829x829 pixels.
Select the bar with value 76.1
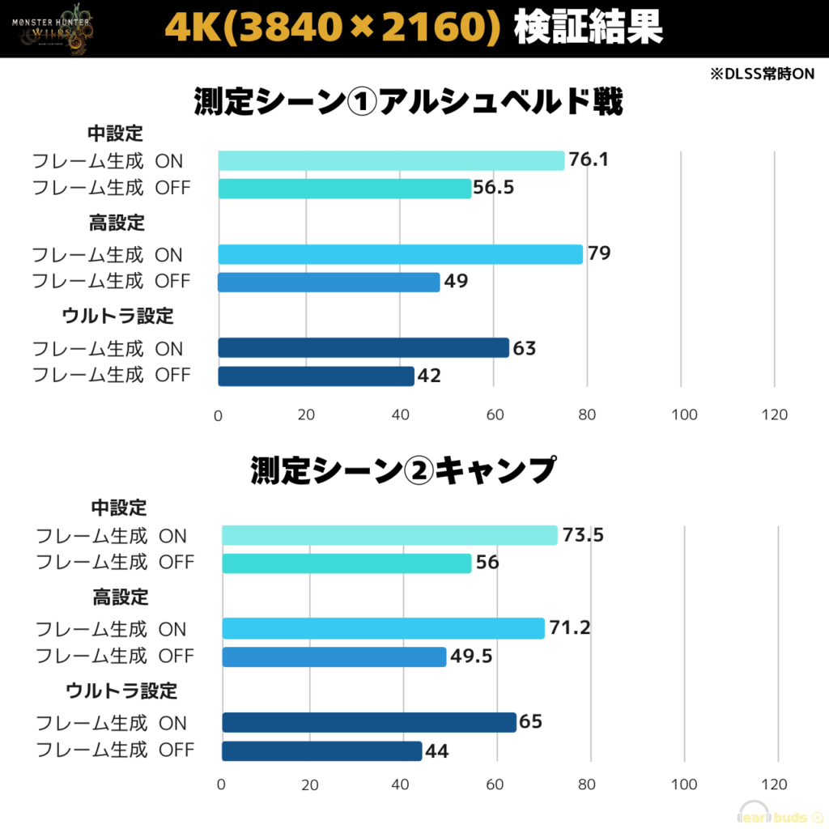point(391,160)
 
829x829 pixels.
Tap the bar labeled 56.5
point(345,188)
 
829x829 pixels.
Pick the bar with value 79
point(400,254)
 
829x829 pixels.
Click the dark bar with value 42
point(316,376)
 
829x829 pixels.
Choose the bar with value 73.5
point(389,535)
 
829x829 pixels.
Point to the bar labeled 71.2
point(383,628)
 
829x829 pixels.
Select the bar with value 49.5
point(334,656)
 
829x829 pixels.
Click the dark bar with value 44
point(321,750)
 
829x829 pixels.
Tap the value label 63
point(525,348)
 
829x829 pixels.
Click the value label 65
point(530,722)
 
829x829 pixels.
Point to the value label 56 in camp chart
point(487,563)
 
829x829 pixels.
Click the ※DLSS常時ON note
point(762,73)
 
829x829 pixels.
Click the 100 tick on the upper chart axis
point(684,414)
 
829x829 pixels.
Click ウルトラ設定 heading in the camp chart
point(121,691)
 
